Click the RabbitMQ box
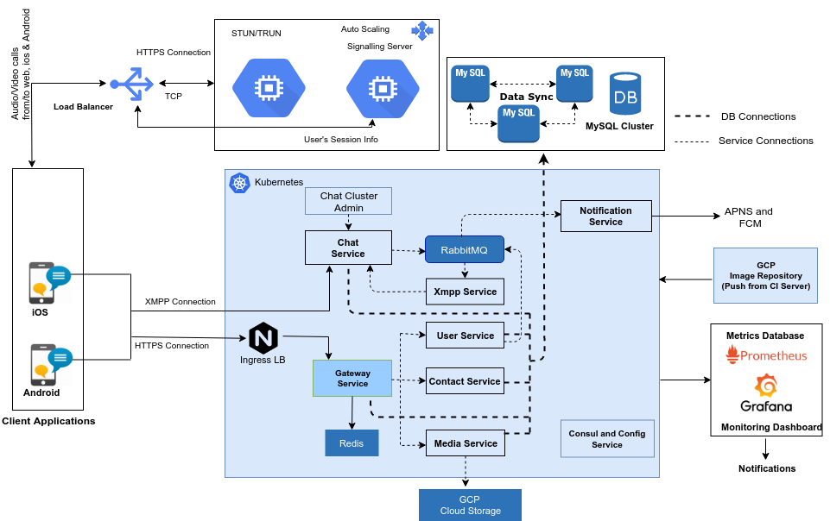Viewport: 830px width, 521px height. tap(464, 250)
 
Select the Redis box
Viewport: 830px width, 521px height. tap(352, 443)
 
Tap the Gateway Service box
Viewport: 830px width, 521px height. tap(352, 379)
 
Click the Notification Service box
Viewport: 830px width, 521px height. tap(605, 216)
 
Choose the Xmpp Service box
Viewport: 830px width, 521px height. tap(466, 292)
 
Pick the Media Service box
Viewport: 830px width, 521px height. tap(465, 443)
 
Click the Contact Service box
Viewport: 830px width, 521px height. tap(465, 381)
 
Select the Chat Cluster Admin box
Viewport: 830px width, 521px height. tap(349, 201)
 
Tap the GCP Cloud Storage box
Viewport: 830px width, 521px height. tap(470, 505)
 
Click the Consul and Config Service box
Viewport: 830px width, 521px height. tap(606, 439)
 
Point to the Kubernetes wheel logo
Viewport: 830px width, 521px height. tap(239, 183)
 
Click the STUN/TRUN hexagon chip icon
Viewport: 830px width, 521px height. tap(269, 87)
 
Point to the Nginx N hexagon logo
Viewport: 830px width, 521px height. tap(263, 337)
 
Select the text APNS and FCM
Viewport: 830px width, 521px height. tap(748, 217)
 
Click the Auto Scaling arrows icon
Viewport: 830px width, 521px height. tap(422, 31)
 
